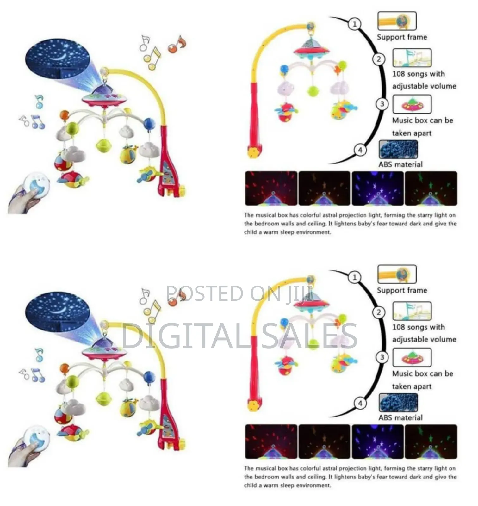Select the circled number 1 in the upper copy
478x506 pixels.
pyautogui.click(x=355, y=24)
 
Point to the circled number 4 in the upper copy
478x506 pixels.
pyautogui.click(x=360, y=150)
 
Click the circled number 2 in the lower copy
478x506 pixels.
pyautogui.click(x=379, y=312)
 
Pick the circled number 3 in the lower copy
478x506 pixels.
pyautogui.click(x=382, y=357)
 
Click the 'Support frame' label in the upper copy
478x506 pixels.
pyautogui.click(x=402, y=37)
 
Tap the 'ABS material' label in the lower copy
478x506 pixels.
pyautogui.click(x=400, y=417)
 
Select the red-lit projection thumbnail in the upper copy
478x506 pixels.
pyautogui.click(x=271, y=188)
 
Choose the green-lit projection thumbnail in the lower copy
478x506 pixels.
pyautogui.click(x=431, y=442)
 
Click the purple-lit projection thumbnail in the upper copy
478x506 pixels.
pyautogui.click(x=378, y=188)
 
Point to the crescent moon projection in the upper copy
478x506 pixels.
pyautogui.click(x=60, y=57)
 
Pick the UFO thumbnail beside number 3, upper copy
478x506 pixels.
pyautogui.click(x=412, y=104)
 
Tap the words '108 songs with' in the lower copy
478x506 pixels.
pyautogui.click(x=419, y=327)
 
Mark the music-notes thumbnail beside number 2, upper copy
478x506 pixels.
pyautogui.click(x=412, y=58)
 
